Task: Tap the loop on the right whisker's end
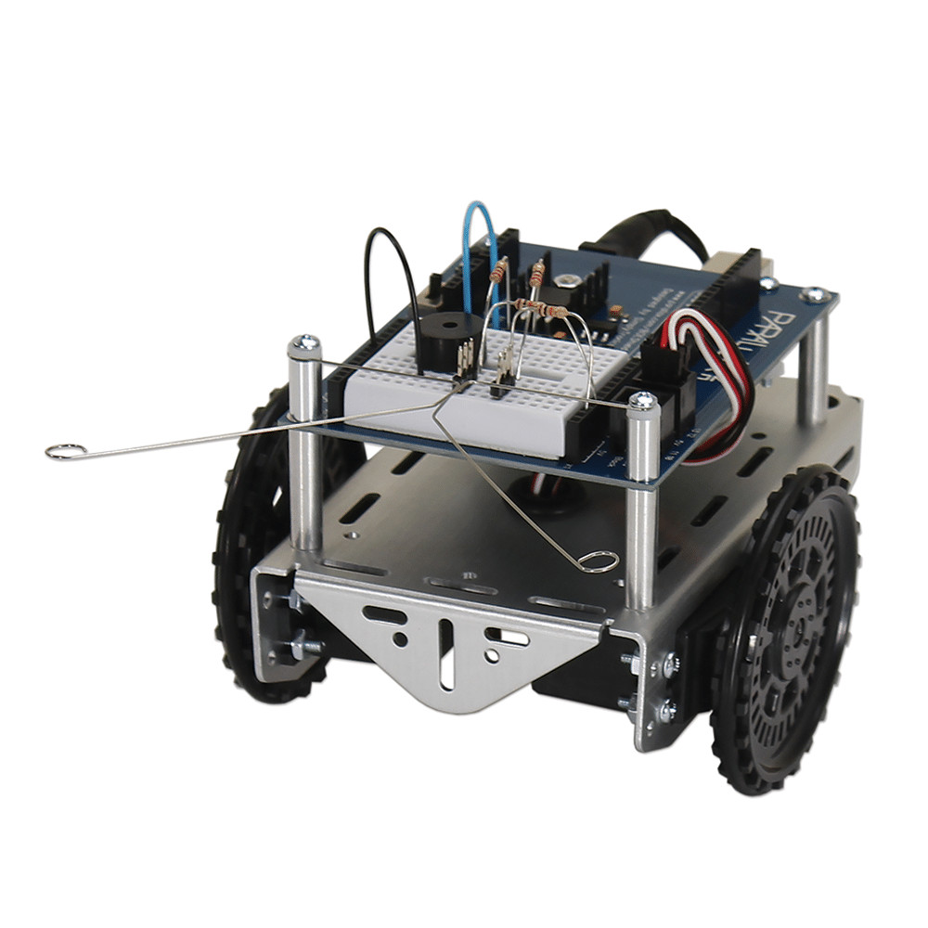click(x=598, y=560)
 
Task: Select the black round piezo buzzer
click(x=439, y=340)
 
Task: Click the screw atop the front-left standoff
click(x=304, y=346)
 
